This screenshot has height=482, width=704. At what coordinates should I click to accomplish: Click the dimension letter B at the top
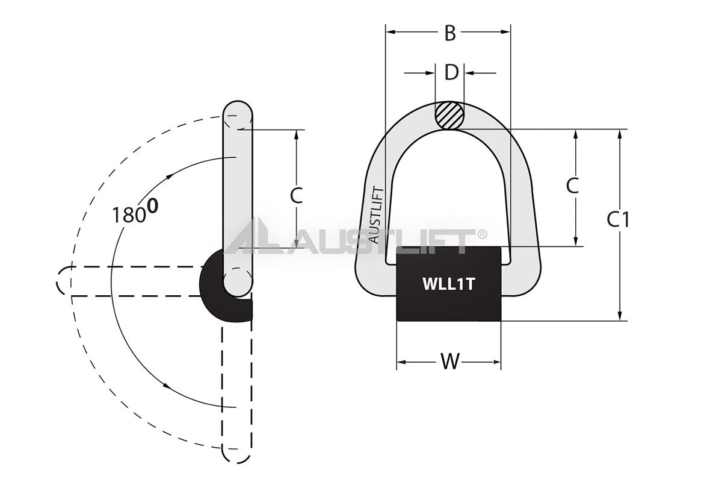pos(449,34)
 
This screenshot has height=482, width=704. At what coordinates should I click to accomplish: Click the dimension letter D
pos(451,72)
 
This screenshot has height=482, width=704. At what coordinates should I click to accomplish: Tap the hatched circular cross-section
pos(449,115)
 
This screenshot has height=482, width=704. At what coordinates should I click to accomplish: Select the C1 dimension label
pos(618,220)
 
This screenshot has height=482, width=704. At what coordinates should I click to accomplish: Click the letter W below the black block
pos(449,362)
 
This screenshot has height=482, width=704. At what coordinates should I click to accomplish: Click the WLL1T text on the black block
pos(448,284)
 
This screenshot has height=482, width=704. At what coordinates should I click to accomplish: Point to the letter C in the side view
pos(296,195)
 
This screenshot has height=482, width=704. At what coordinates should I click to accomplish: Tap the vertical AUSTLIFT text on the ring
pos(374,214)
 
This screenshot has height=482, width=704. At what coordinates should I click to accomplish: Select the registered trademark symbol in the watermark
pos(482,234)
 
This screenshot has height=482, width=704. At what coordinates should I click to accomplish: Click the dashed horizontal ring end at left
pos(63,281)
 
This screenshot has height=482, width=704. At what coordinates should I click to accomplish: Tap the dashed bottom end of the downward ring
pos(236,455)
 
